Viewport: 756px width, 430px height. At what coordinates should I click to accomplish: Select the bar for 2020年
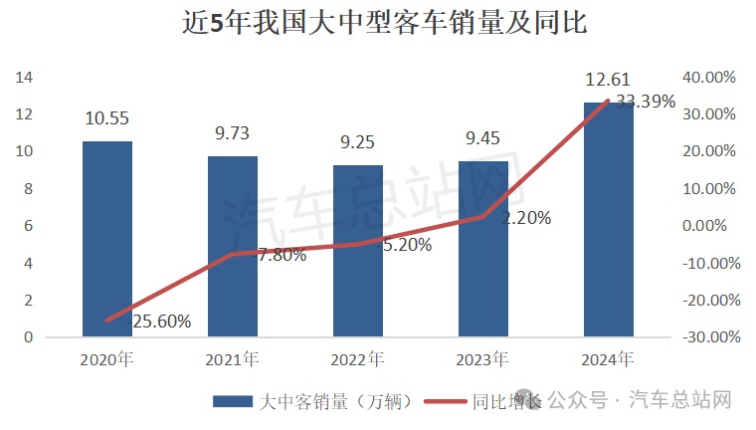(x=106, y=239)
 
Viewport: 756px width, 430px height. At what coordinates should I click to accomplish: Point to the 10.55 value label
(x=106, y=118)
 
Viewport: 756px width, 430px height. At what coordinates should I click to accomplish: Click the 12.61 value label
(x=608, y=80)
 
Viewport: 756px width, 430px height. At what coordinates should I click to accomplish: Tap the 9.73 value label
(x=232, y=133)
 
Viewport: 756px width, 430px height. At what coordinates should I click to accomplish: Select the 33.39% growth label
(x=646, y=102)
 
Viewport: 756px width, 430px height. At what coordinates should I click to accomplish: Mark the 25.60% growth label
(x=159, y=322)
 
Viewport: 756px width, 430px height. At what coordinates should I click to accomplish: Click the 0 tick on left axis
(x=29, y=337)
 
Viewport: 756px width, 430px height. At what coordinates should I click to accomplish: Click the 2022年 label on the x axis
(x=357, y=358)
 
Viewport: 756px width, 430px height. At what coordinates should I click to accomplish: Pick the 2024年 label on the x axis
(x=608, y=358)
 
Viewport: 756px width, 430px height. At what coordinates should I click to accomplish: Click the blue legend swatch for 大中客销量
(x=231, y=402)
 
